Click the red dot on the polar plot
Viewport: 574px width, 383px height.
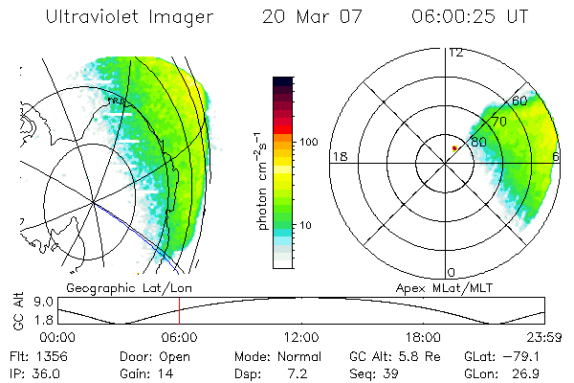click(x=454, y=147)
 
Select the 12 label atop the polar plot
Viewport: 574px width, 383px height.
click(x=455, y=53)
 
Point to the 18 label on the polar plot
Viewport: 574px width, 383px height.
click(x=338, y=156)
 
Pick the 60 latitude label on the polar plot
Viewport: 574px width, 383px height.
click(x=519, y=101)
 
